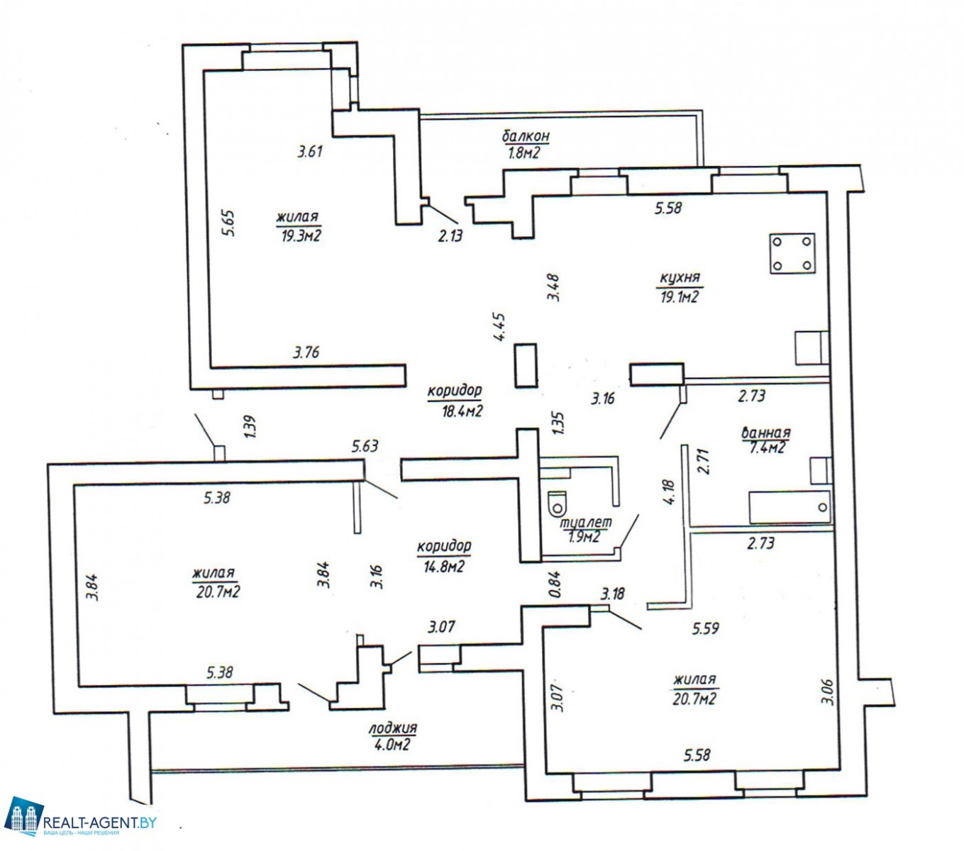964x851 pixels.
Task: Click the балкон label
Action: tap(526, 137)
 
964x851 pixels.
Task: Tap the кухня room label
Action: tap(680, 277)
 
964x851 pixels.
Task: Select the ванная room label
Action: tap(766, 433)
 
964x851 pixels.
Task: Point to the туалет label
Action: tap(586, 523)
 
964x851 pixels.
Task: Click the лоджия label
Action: tap(393, 728)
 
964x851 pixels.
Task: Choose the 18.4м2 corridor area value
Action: tap(462, 411)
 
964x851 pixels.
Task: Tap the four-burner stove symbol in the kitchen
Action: tap(792, 254)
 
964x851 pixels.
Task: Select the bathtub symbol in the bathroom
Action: tap(790, 507)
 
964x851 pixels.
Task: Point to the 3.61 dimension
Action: tap(310, 152)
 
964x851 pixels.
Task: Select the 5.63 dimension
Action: tap(365, 446)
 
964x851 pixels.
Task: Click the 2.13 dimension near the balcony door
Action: tap(450, 235)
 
